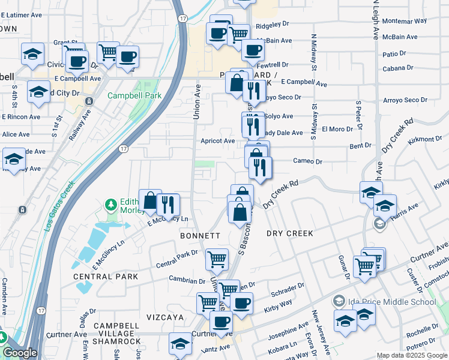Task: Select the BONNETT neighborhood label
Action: point(200,236)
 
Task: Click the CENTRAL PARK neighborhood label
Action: point(106,277)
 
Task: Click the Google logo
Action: point(20,353)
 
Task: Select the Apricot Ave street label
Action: point(217,141)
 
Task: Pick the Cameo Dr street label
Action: point(307,161)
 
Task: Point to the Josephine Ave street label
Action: point(289,329)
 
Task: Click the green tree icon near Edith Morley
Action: point(110,205)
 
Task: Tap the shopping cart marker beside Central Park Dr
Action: point(217,260)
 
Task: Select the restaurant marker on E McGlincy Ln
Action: point(169,204)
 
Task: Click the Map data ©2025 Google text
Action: point(412,355)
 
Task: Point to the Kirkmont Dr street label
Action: point(424,139)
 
